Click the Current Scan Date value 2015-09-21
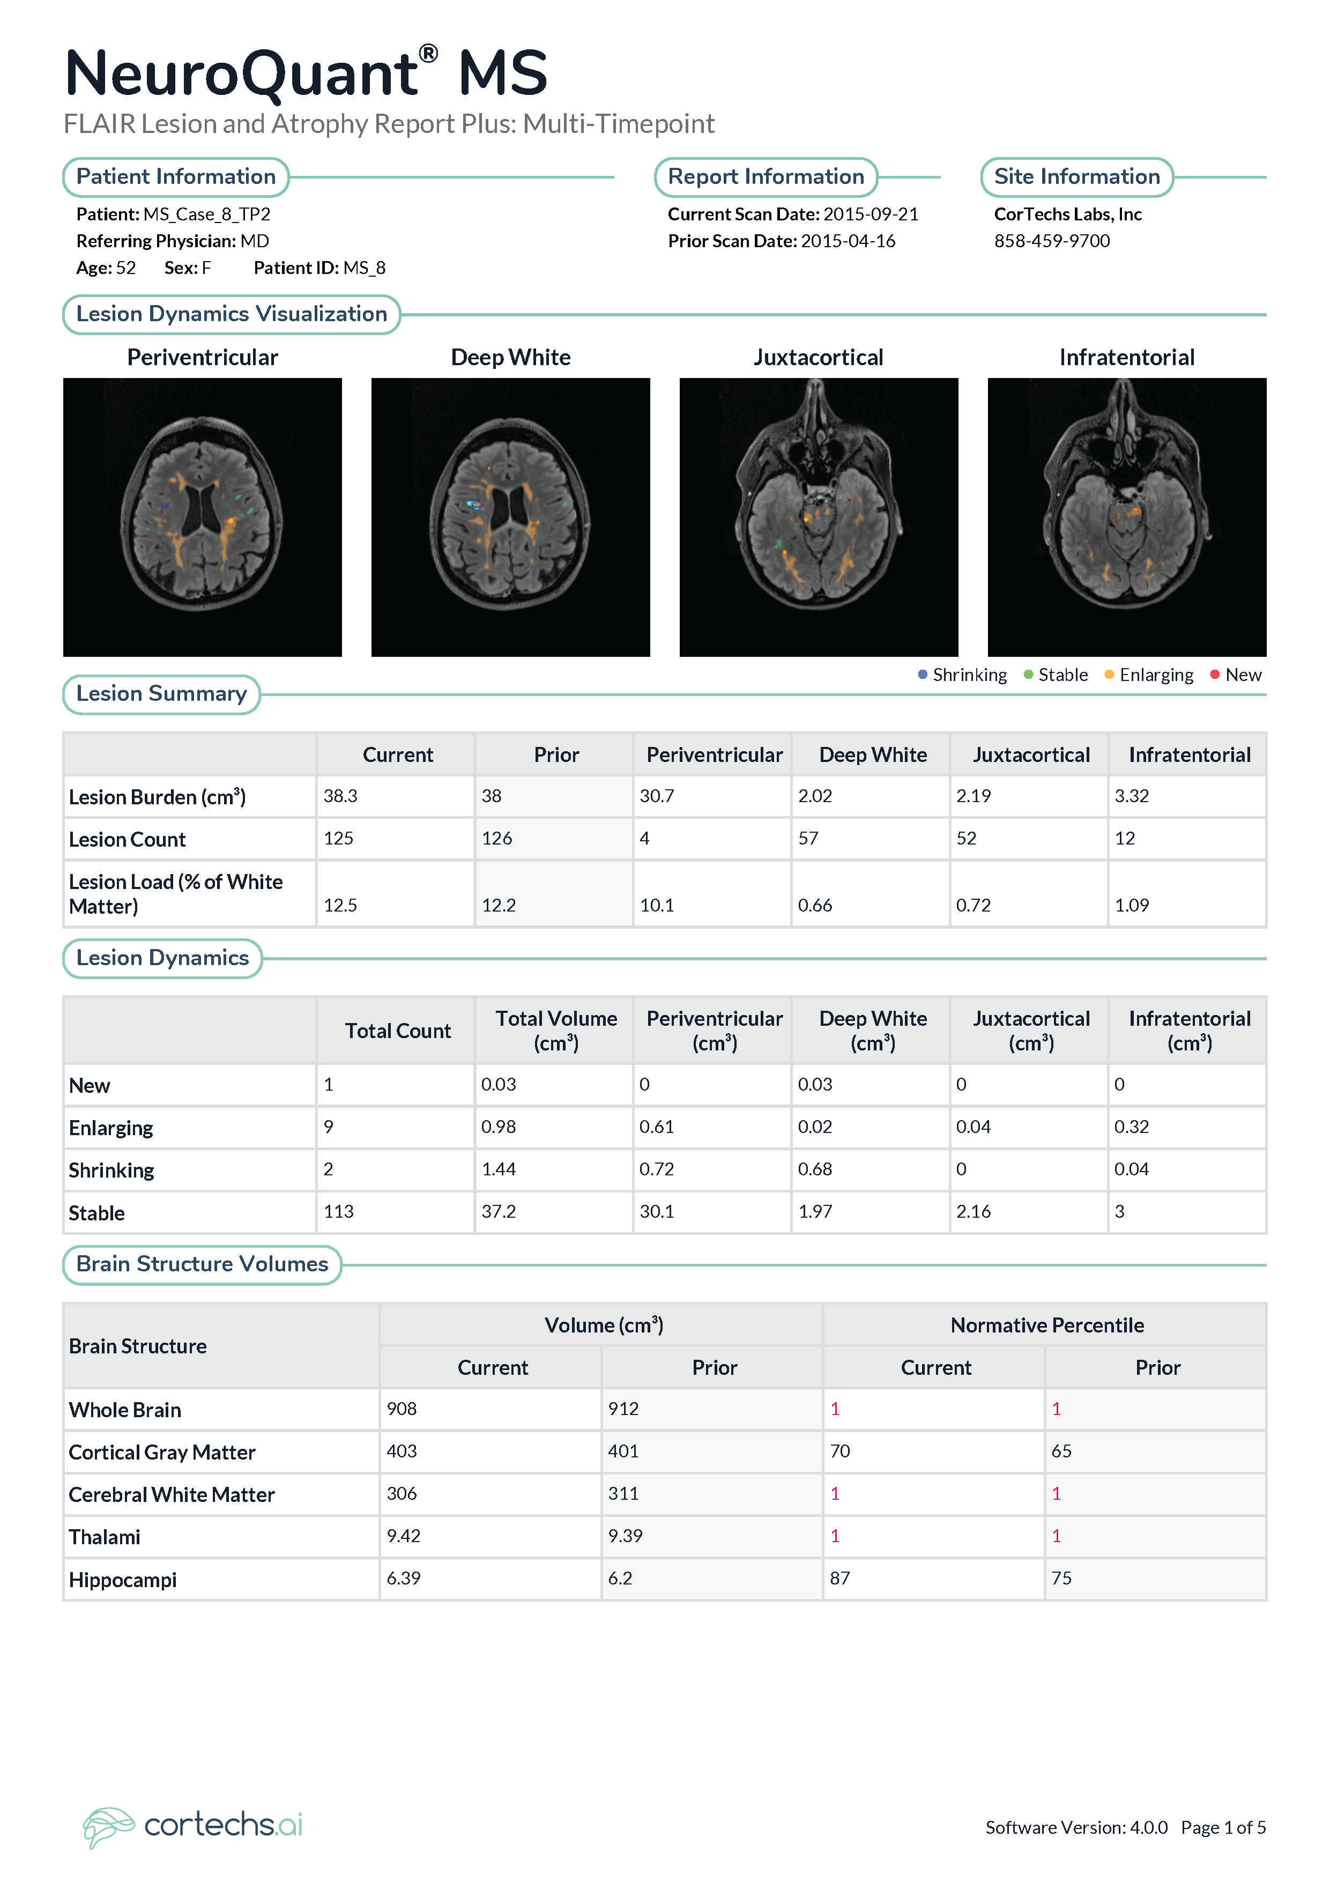[871, 214]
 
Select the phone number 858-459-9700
[1052, 241]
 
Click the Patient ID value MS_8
[365, 268]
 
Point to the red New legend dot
[1215, 674]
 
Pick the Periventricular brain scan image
[202, 517]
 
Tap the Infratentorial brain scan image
[1127, 517]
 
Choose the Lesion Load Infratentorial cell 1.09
[1132, 905]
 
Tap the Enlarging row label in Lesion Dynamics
[110, 1128]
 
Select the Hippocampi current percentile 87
[840, 1578]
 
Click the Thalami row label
[104, 1537]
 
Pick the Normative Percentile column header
[1046, 1325]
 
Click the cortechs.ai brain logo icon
[108, 1826]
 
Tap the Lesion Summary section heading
[161, 694]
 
